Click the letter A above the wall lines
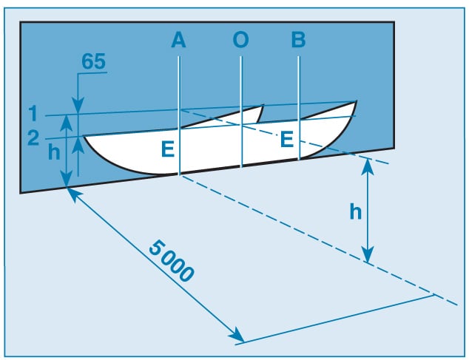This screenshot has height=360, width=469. tap(178, 41)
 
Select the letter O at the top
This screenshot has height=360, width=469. tap(240, 41)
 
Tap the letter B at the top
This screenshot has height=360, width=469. tap(298, 41)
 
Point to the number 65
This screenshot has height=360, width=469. tap(92, 61)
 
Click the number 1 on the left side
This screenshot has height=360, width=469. tap(33, 113)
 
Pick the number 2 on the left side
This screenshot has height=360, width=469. tap(33, 137)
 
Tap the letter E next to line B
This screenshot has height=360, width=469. tap(286, 139)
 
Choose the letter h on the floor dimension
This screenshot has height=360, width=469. tap(355, 213)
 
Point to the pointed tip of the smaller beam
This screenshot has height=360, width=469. tap(263, 106)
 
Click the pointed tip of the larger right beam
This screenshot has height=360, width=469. tap(357, 101)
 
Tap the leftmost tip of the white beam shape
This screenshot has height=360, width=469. tap(84, 135)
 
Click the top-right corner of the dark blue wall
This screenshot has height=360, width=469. tap(394, 23)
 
